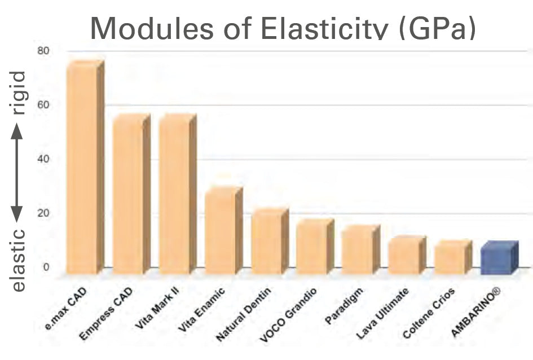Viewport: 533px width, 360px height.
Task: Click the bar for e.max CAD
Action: [x=82, y=169]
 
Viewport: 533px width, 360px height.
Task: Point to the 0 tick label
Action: [x=47, y=267]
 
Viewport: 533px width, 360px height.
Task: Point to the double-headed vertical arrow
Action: [x=17, y=173]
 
